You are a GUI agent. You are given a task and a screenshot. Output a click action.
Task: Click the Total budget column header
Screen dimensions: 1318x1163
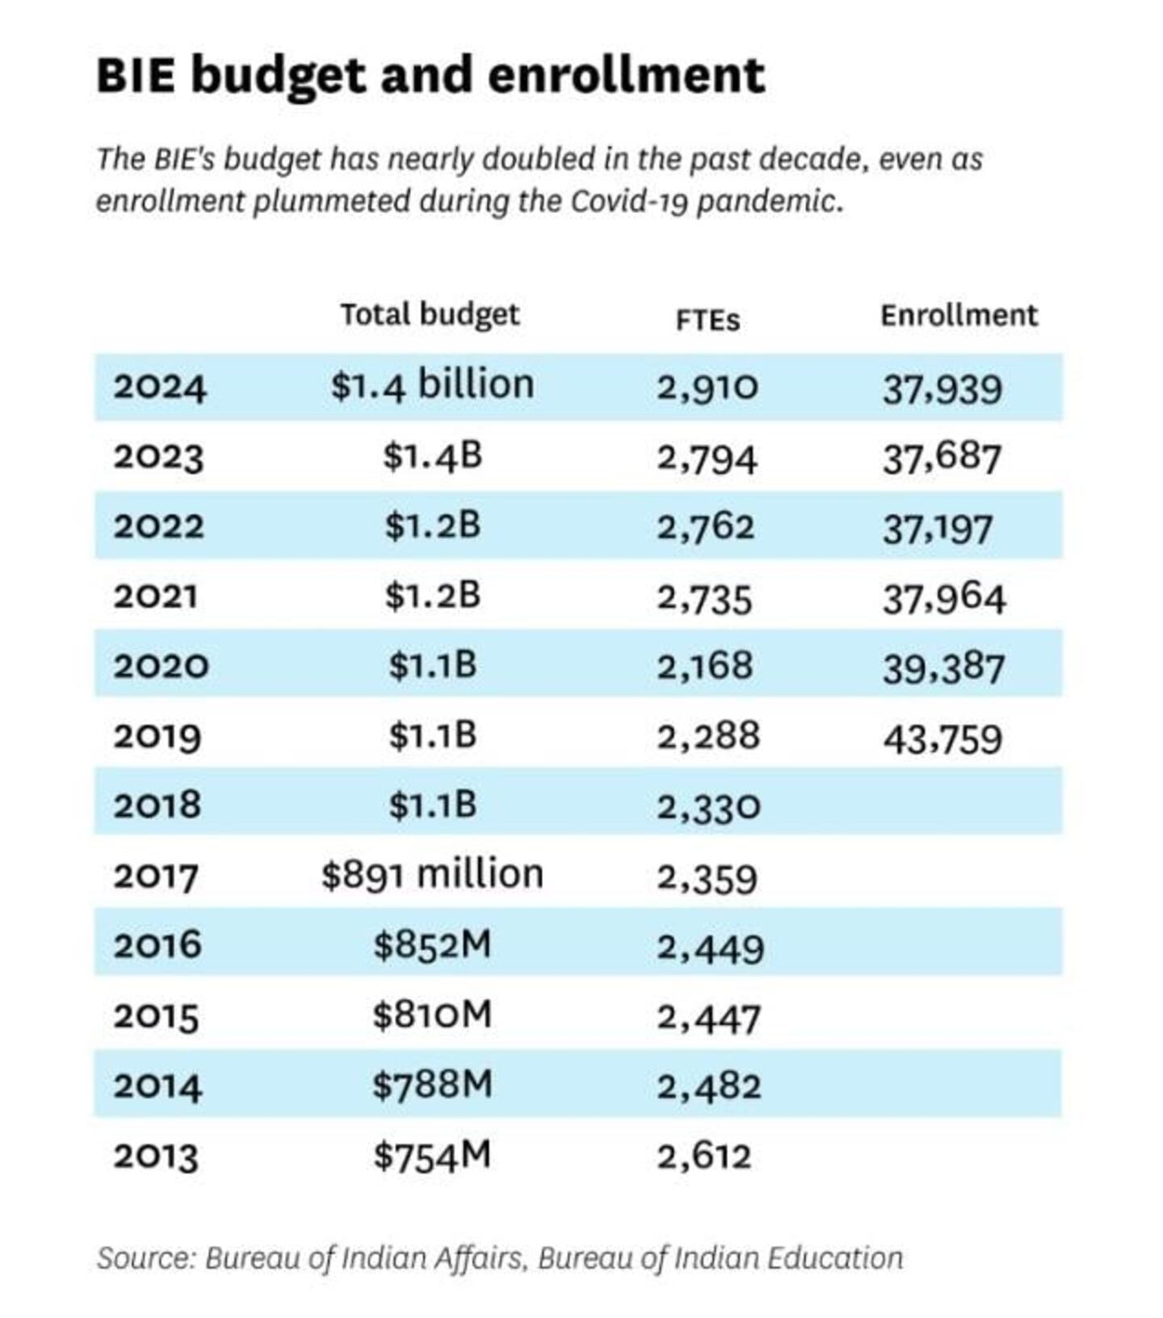(x=430, y=315)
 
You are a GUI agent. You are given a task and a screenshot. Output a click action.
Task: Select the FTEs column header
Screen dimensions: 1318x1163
(x=707, y=320)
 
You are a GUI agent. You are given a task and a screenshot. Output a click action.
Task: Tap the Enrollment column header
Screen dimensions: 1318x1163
(x=959, y=315)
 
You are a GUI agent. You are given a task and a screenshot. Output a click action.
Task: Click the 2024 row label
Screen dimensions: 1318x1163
(x=160, y=387)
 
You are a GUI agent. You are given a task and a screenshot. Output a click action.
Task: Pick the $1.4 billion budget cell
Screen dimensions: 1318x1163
(x=432, y=386)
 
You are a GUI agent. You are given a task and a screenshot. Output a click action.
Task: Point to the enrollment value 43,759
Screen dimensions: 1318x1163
(x=943, y=739)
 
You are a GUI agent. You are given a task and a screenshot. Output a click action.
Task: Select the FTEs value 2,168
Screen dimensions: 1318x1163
(x=705, y=667)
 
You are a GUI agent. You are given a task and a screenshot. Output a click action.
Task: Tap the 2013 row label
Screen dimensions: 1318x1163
(x=156, y=1157)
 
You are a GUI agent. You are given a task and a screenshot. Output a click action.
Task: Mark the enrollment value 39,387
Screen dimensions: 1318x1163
(x=943, y=669)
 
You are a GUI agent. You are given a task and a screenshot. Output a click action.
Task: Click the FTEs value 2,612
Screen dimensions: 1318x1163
(x=704, y=1157)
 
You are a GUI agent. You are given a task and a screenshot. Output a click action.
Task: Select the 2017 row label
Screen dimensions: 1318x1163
(x=156, y=877)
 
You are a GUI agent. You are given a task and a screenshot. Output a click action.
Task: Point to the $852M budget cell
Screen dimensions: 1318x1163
(x=432, y=945)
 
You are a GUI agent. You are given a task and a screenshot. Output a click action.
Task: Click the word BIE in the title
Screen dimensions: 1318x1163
(x=135, y=76)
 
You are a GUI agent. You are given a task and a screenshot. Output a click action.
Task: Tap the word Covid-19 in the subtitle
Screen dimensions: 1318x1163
(x=628, y=201)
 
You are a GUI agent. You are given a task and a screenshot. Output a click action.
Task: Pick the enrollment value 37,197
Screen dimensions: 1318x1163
(x=937, y=529)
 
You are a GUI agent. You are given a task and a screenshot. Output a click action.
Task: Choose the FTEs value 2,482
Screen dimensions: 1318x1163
(x=709, y=1086)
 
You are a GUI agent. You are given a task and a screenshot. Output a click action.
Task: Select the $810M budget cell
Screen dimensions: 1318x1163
(x=432, y=1015)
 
